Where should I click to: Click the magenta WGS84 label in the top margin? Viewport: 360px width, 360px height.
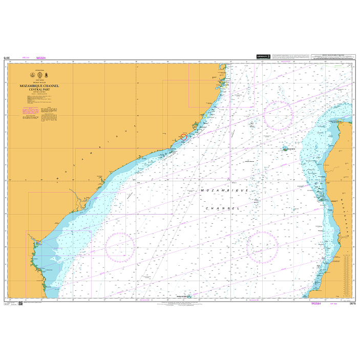(41, 58)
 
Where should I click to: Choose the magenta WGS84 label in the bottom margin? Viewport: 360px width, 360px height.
(316, 304)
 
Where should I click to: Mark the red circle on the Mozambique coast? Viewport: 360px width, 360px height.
(183, 137)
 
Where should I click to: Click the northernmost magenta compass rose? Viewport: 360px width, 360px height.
(279, 115)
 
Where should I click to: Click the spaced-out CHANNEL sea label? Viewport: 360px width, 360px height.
(223, 209)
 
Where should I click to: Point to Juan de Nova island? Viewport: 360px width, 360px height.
(285, 149)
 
